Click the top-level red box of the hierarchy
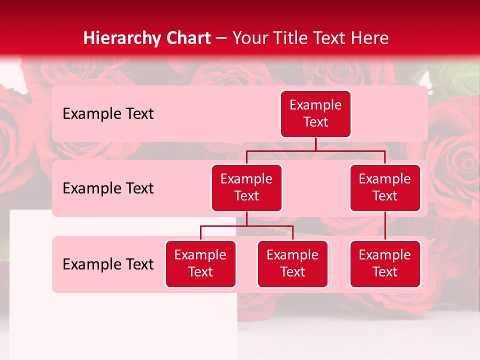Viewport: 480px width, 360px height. (x=315, y=114)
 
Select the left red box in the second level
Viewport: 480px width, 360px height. (x=246, y=188)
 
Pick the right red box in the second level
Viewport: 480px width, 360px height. (x=385, y=188)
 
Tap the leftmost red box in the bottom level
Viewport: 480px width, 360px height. (x=200, y=264)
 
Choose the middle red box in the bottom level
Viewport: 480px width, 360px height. (x=292, y=264)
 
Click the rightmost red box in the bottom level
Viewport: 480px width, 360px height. (x=385, y=264)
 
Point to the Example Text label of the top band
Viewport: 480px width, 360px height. (x=108, y=114)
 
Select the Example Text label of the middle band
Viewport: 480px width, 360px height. (x=108, y=188)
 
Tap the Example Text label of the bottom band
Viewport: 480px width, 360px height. (x=108, y=264)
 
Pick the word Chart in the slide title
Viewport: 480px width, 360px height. (x=185, y=38)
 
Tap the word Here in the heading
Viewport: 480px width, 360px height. (x=370, y=38)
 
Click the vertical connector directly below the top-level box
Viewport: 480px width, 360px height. (x=315, y=144)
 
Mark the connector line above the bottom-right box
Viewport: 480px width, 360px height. (x=385, y=226)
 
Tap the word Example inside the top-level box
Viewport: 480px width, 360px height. (x=315, y=105)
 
